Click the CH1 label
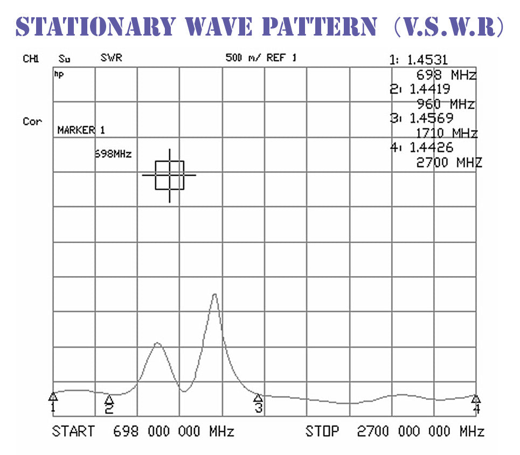pyautogui.click(x=31, y=59)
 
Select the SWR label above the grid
pyautogui.click(x=111, y=58)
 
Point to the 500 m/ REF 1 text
pyautogui.click(x=261, y=58)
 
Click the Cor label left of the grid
pyautogui.click(x=32, y=121)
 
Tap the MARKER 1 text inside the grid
pyautogui.click(x=81, y=130)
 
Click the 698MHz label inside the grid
pyautogui.click(x=113, y=154)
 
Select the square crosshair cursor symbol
pyautogui.click(x=170, y=175)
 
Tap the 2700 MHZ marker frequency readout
pyautogui.click(x=449, y=162)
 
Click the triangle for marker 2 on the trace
pyautogui.click(x=109, y=399)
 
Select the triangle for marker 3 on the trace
pyautogui.click(x=259, y=398)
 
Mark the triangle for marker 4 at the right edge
pyautogui.click(x=476, y=398)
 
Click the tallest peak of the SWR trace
pyautogui.click(x=214, y=294)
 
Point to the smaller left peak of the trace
pyautogui.click(x=157, y=343)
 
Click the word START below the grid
pyautogui.click(x=73, y=431)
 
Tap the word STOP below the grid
pyautogui.click(x=322, y=431)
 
